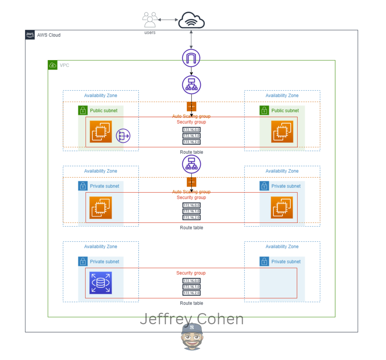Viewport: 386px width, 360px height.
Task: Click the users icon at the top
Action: [x=150, y=20]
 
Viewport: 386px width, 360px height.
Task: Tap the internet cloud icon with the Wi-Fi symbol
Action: [x=191, y=20]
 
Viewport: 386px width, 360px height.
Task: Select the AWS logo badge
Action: [x=30, y=35]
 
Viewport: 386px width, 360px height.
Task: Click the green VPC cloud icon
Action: [x=53, y=65]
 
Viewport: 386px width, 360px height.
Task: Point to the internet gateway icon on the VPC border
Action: [x=191, y=58]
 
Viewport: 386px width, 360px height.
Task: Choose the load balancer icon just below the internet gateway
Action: [x=191, y=84]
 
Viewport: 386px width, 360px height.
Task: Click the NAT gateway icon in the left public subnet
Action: [x=123, y=136]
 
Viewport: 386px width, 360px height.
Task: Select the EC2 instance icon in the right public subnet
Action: [x=282, y=132]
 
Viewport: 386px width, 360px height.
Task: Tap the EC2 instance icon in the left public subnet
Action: [x=101, y=132]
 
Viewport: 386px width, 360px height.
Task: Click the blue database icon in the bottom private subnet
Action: [x=101, y=283]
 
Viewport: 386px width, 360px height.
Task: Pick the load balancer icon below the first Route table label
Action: [x=191, y=164]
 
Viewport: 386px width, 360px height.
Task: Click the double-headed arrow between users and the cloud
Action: [x=168, y=20]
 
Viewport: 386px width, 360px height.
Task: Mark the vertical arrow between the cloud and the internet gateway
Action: [x=191, y=39]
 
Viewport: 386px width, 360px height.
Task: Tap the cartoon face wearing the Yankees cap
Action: [x=192, y=337]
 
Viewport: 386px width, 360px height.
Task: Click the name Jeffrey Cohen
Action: [x=191, y=319]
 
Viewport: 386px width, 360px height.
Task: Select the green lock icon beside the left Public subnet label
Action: [x=83, y=110]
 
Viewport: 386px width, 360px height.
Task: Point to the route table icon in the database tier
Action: [x=191, y=287]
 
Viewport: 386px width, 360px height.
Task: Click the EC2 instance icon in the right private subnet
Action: [x=282, y=207]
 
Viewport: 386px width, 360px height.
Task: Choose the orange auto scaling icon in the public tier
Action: [x=191, y=107]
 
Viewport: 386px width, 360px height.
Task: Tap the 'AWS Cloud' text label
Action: [x=49, y=35]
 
